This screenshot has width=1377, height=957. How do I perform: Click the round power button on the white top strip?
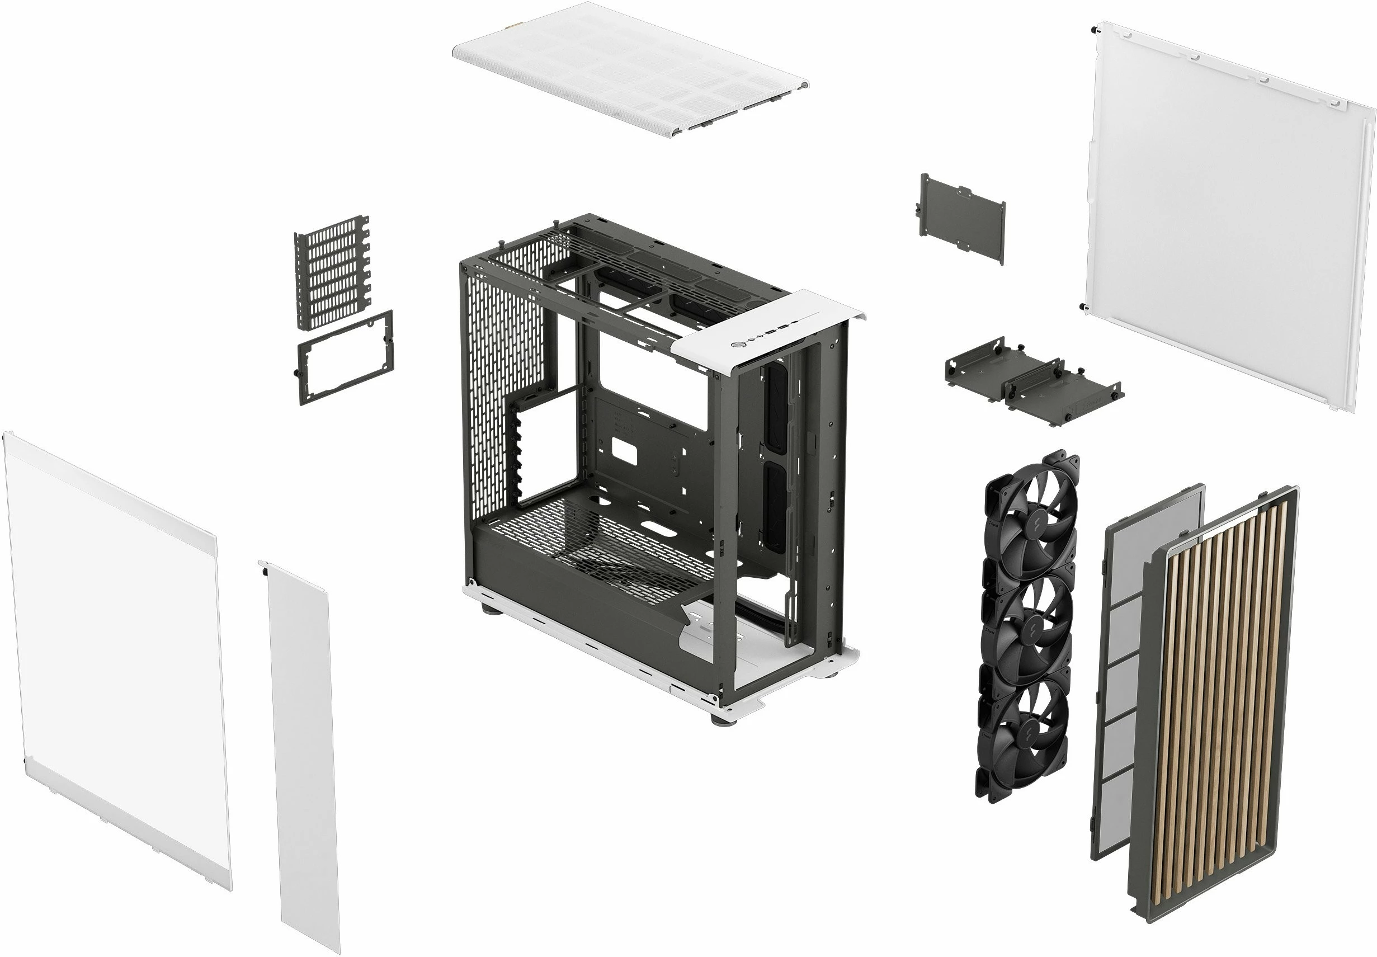tap(738, 344)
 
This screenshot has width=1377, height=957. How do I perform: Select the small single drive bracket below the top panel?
tap(963, 218)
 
